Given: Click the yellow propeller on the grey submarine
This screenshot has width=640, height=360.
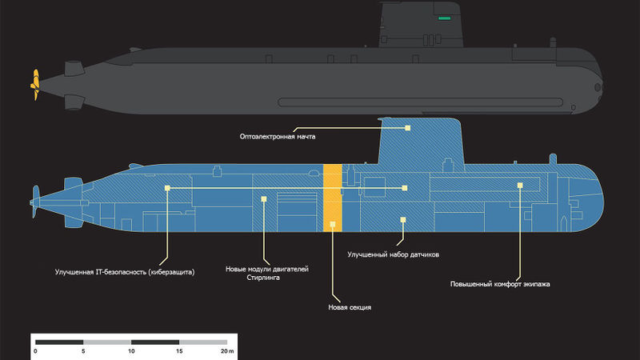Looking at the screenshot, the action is pos(35,85).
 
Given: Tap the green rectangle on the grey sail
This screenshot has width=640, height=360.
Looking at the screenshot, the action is pos(444,18).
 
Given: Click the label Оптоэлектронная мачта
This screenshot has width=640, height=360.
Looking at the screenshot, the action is pos(278,137).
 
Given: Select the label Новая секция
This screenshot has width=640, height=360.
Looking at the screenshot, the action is pos(350,307).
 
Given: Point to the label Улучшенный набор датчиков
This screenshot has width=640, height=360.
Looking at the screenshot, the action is pos(393,254).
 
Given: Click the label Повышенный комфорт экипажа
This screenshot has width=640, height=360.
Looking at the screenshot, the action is pos(500,284).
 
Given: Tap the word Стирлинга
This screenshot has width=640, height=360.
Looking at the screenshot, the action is pos(263,278).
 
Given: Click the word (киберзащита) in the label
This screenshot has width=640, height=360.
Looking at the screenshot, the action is pos(171,272).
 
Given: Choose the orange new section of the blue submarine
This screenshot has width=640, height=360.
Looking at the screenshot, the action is pos(332,198).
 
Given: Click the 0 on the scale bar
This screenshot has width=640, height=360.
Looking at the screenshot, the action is pos(36,351).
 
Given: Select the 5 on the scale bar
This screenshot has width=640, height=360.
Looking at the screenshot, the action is pos(83,351).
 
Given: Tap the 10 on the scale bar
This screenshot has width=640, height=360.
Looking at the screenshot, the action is pos(131,351).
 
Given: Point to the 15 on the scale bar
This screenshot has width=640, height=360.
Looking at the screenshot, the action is pos(179,351).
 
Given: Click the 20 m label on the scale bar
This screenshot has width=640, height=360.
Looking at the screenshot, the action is pos(227,351).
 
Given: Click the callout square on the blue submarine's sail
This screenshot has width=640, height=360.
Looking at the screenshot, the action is pos(407,128).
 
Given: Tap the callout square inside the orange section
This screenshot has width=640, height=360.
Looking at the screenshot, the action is pos(333,224).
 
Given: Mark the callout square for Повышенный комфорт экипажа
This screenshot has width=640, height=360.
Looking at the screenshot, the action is pos(520,186).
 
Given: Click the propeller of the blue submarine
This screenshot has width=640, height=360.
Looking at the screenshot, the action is pos(34,202).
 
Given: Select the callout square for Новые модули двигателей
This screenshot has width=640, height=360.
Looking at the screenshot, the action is pos(264,199).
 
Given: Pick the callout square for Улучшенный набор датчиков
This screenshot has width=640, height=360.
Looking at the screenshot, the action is pos(403,220).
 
